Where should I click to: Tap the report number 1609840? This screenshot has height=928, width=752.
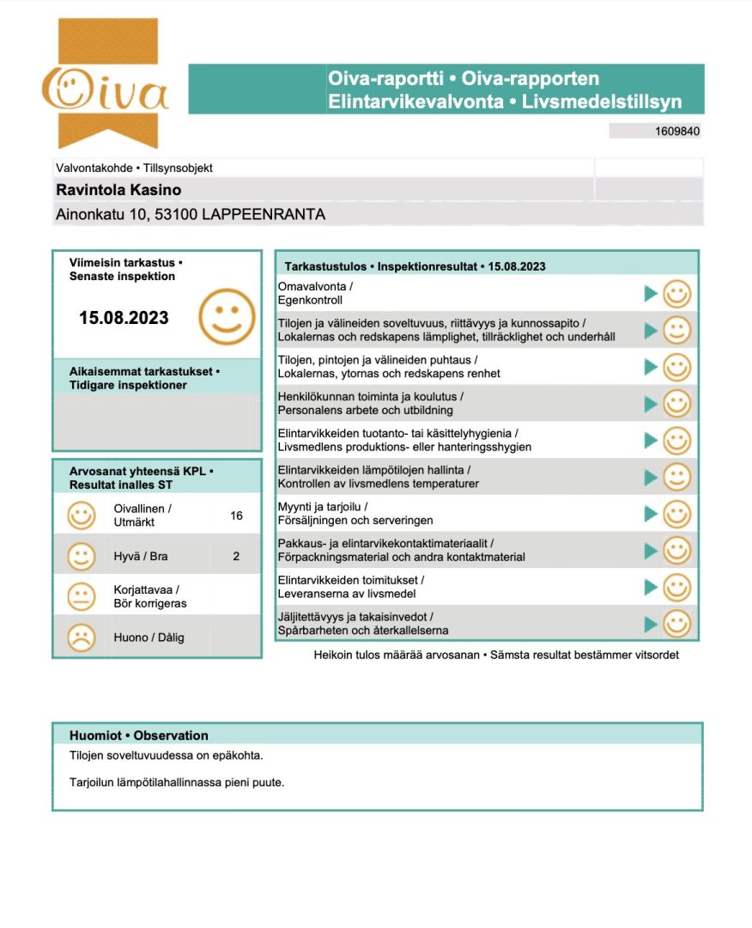coord(677,132)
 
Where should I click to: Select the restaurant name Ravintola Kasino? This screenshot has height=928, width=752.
coord(118,190)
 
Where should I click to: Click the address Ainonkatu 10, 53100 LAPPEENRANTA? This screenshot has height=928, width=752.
coord(190,214)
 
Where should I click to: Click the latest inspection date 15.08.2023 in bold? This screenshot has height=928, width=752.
coord(124,318)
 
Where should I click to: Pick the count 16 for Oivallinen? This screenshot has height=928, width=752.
coord(237,516)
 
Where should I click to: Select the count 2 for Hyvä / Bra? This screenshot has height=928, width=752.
coord(236,556)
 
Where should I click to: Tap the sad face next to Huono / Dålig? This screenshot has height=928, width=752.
coord(82,638)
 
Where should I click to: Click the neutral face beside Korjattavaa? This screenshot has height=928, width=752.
coord(82,596)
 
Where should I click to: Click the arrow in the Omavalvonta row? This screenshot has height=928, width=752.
coord(652,294)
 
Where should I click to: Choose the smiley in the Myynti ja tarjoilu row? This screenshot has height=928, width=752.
coord(677,514)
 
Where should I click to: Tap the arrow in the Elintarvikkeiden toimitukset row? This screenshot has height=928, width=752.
coord(652,587)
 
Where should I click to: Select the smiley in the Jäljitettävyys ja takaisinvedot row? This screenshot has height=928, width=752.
coord(677,624)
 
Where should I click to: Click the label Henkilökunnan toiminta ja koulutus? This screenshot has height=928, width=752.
coord(370,397)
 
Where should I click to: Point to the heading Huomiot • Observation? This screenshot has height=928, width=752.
coord(138,736)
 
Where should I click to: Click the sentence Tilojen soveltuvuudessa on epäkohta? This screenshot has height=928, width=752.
coord(166,756)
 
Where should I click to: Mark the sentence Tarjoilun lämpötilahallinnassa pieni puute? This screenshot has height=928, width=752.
coord(176,783)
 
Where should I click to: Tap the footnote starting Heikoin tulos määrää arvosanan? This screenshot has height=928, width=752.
coord(496,656)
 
